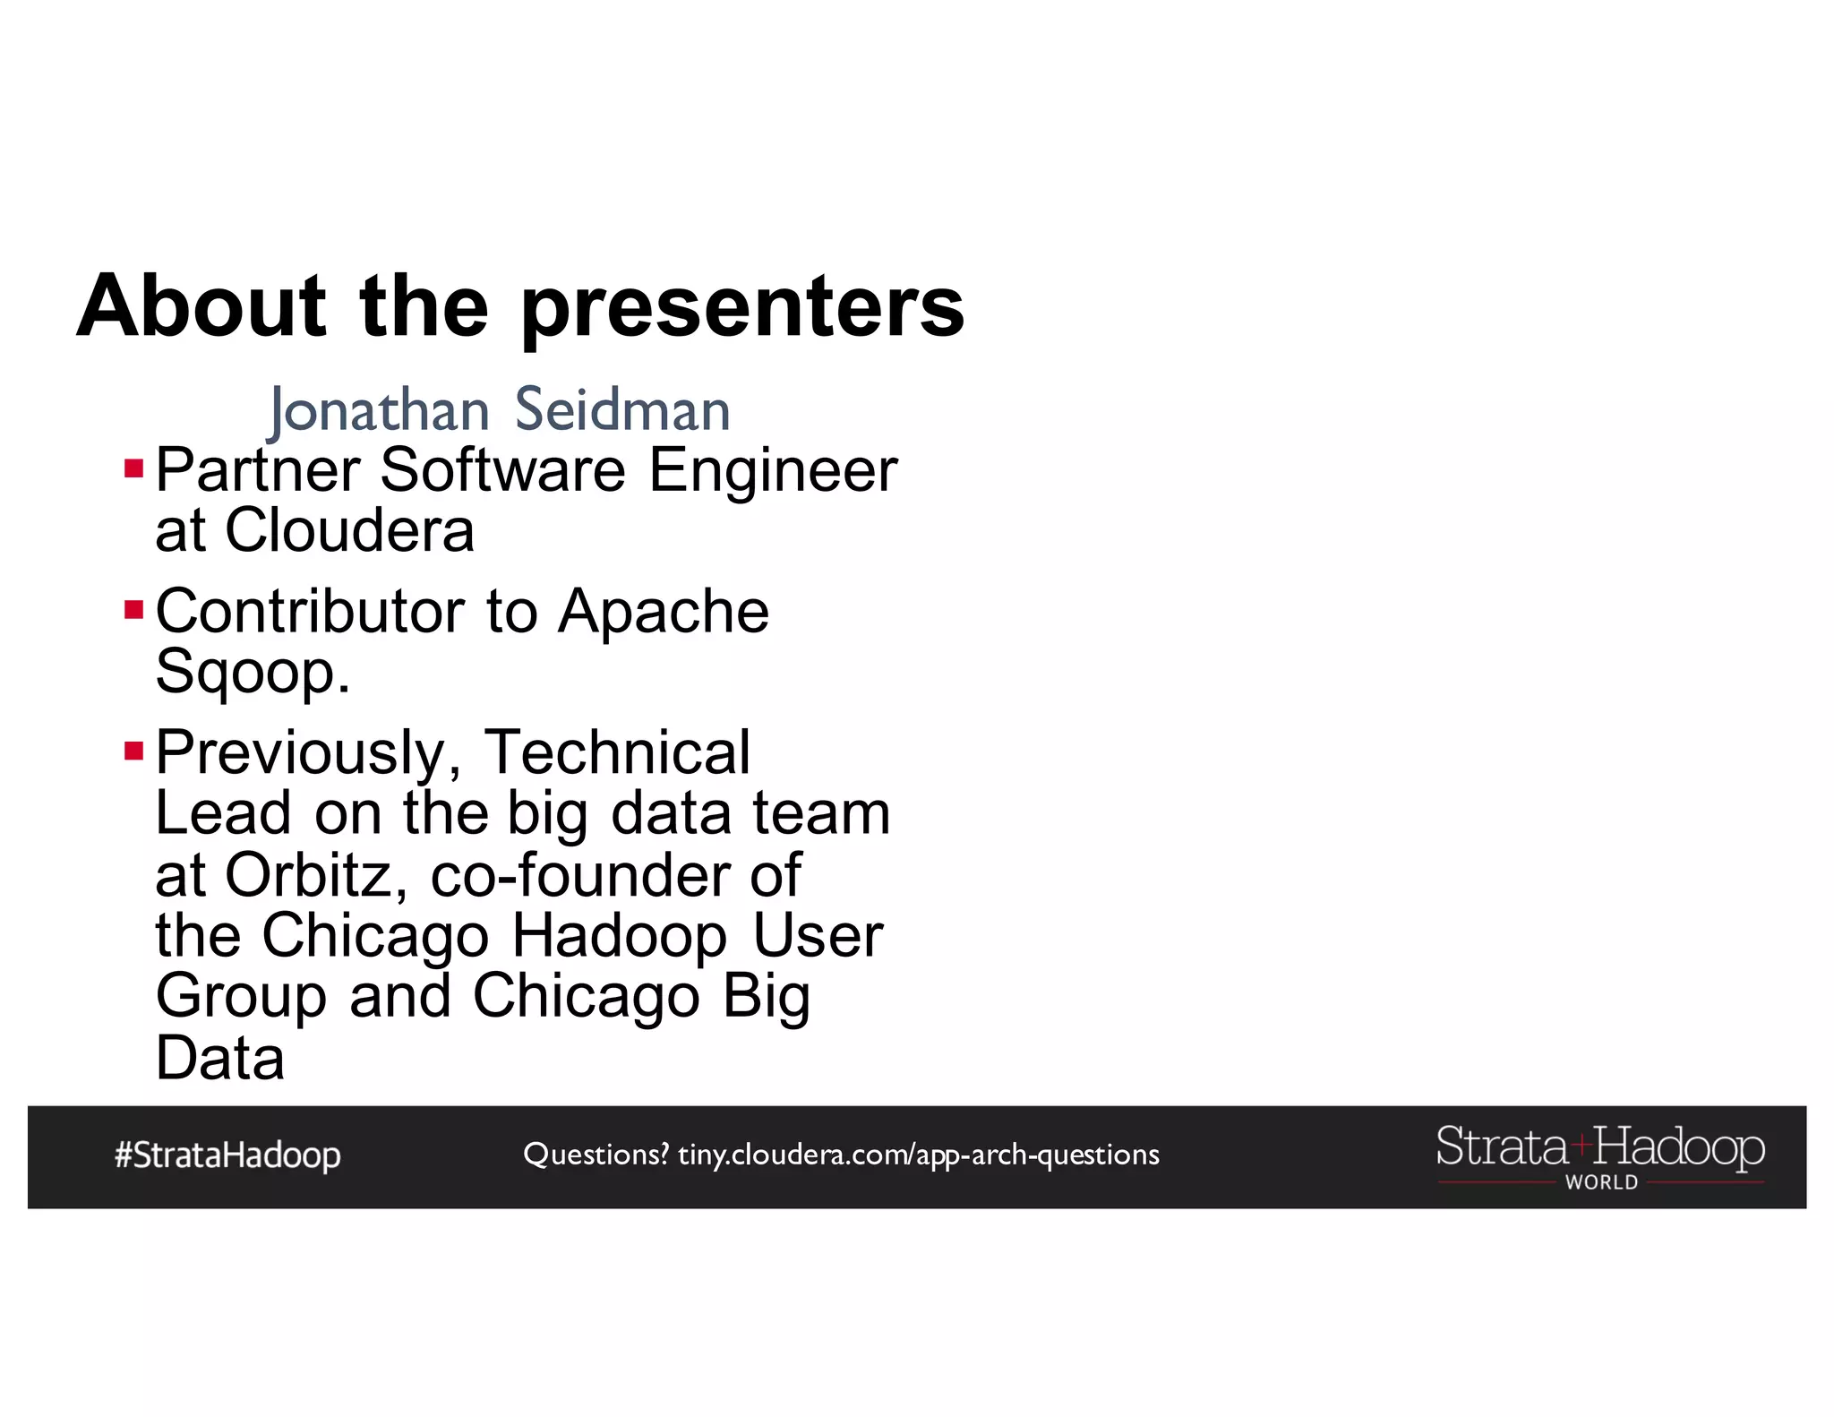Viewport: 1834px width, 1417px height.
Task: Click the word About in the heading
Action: coord(201,306)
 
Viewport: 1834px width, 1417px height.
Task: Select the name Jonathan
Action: coord(380,411)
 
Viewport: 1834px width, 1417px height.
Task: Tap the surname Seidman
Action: coord(622,410)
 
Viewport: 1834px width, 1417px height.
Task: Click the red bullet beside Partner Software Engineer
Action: coord(134,468)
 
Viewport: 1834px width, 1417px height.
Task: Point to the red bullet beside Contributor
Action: coord(134,610)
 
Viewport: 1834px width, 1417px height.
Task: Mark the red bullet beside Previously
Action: coord(134,751)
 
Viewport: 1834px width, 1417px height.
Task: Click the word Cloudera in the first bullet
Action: coord(349,530)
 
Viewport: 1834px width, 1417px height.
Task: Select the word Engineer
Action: coord(773,469)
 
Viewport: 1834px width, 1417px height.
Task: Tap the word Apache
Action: coord(664,611)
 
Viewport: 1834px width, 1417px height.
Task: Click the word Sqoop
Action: coord(252,672)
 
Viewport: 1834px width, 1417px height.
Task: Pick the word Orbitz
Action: coord(309,874)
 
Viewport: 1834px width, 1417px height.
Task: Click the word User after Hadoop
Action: coord(818,935)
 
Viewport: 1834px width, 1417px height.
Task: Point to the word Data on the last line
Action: coord(220,1058)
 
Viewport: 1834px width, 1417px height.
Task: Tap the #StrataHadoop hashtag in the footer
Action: coord(227,1155)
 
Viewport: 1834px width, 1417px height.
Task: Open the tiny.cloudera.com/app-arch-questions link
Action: coord(919,1155)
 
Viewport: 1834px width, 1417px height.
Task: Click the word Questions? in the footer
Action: coord(596,1155)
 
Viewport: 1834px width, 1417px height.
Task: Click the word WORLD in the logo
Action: coord(1601,1182)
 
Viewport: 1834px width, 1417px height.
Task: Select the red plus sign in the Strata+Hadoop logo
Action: coord(1581,1145)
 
